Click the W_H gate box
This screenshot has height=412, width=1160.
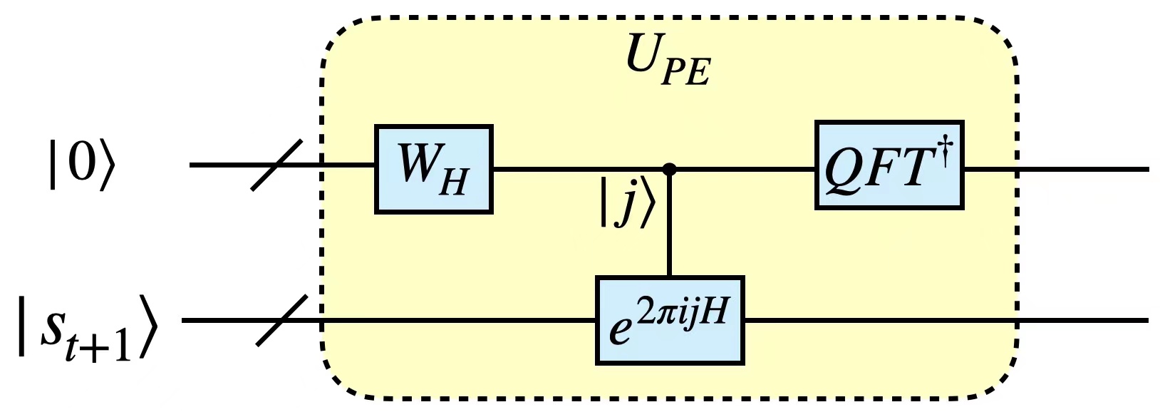434,169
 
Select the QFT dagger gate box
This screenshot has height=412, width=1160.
889,165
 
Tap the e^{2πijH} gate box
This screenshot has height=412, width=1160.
670,321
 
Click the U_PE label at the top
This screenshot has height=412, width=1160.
668,61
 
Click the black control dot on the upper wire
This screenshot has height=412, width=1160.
669,169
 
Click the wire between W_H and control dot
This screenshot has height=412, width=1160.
577,169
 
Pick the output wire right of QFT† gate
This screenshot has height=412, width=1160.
1055,169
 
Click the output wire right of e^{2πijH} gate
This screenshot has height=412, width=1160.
941,321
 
